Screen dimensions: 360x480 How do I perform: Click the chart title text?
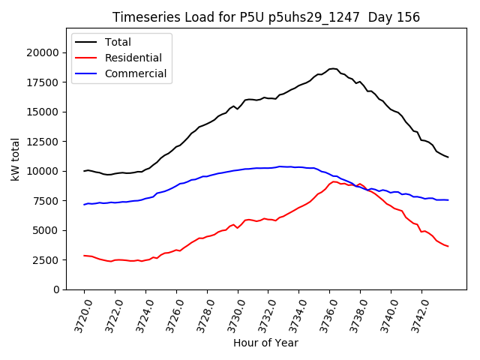[x=266, y=17]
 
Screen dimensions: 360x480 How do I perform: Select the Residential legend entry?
[x=133, y=58]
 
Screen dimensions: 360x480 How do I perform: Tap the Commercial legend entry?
[x=135, y=73]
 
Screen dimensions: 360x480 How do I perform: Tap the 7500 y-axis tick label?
[x=46, y=201]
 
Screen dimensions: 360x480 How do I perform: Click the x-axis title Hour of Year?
[x=266, y=343]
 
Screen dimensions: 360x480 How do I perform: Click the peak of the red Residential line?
[x=334, y=181]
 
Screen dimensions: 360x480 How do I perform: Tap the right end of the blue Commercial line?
[x=448, y=200]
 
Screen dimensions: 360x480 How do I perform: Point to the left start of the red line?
[x=84, y=256]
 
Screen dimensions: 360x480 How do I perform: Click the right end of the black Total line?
[x=448, y=157]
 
